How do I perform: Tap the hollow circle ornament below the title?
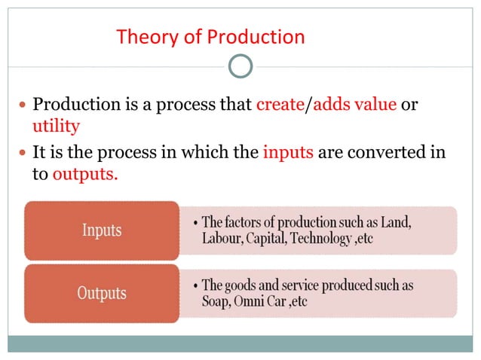[240, 66]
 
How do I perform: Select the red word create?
[279, 105]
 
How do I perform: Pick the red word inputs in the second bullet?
[288, 154]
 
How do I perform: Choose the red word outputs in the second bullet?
[84, 173]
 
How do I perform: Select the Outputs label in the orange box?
[103, 291]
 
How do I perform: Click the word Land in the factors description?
[397, 223]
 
